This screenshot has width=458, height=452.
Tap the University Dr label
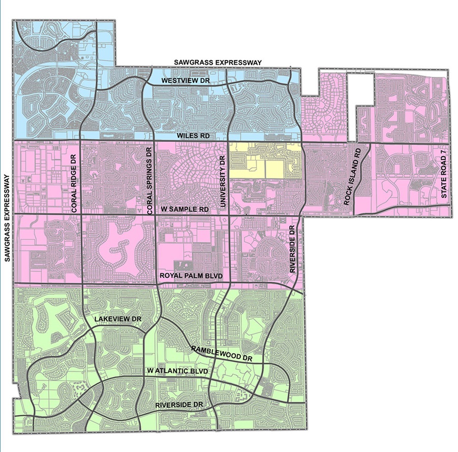click(x=222, y=181)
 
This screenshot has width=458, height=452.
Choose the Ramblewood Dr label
click(x=222, y=354)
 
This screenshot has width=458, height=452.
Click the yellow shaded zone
click(x=265, y=160)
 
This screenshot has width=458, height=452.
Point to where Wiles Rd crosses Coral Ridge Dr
click(x=81, y=140)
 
